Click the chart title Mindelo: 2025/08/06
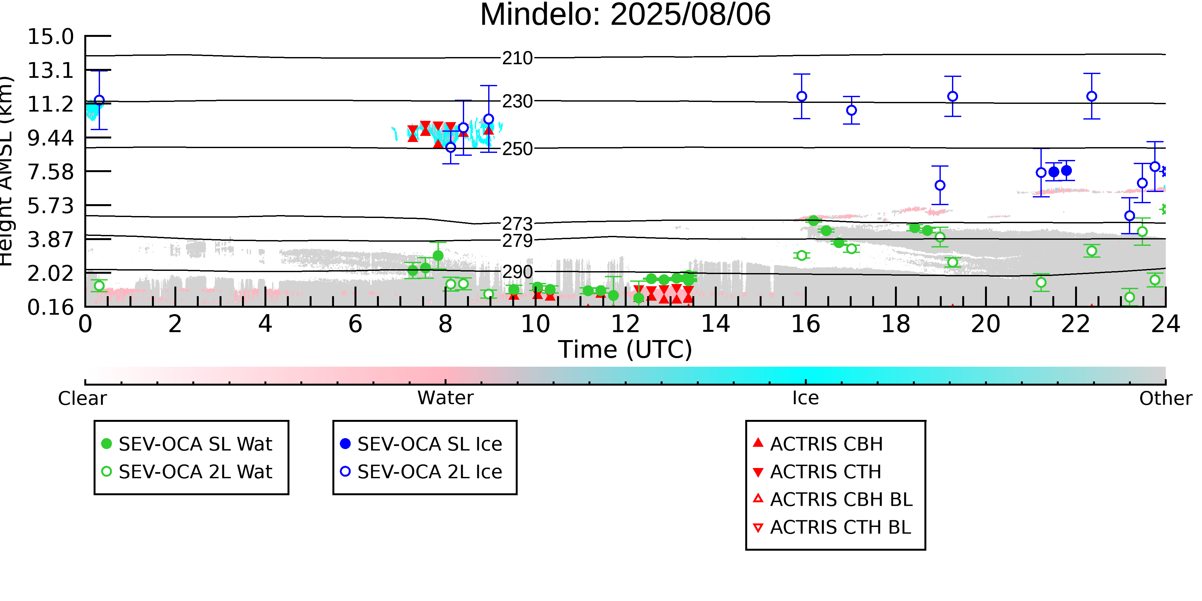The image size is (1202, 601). (x=625, y=15)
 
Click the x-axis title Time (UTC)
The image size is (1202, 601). (x=625, y=349)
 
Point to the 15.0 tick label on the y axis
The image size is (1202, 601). (x=50, y=37)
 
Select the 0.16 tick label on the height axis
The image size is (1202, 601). (x=50, y=307)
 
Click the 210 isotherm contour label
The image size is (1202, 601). (x=517, y=58)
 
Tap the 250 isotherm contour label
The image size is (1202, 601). (x=517, y=149)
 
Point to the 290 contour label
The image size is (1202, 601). (x=517, y=271)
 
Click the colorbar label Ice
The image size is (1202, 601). (x=806, y=398)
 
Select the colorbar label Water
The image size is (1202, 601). (x=446, y=398)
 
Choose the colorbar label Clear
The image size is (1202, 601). (x=82, y=398)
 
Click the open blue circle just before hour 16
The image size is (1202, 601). (x=802, y=96)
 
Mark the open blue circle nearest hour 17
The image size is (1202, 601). (x=852, y=111)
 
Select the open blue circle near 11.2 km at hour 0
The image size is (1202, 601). (x=99, y=100)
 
